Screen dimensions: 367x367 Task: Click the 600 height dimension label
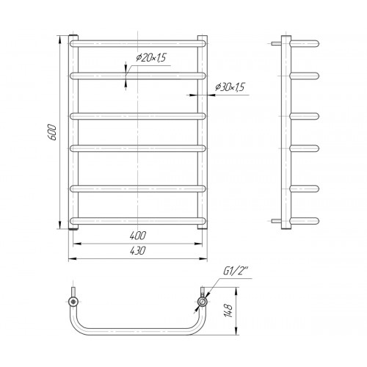[x=52, y=132]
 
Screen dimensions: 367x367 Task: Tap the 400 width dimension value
[x=138, y=236]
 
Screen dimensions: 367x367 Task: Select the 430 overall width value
[x=138, y=250]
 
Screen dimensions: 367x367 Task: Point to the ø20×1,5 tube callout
[x=151, y=57]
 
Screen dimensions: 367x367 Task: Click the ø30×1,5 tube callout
[x=230, y=87]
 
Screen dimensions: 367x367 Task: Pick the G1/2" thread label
[x=236, y=272]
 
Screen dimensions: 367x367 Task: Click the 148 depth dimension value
[x=228, y=311]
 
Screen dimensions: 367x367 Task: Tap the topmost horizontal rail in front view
[x=138, y=44]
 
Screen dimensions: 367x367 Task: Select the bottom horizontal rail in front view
[x=138, y=221]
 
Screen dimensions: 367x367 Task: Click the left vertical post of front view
[x=73, y=132]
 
